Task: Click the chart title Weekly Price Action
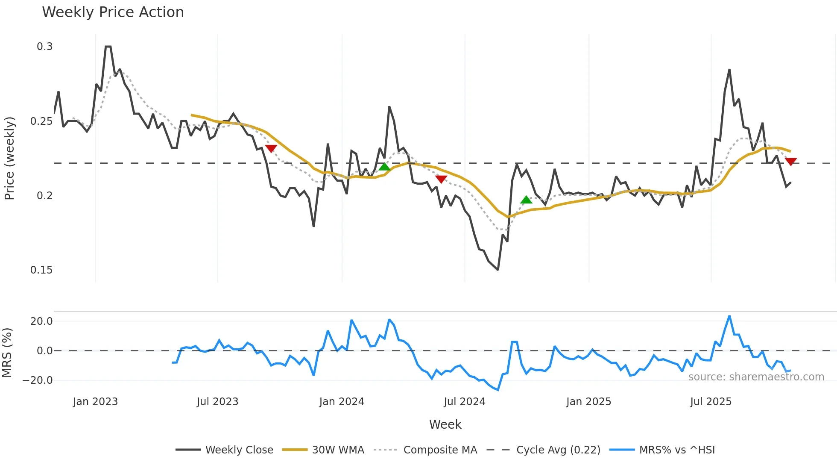pyautogui.click(x=113, y=12)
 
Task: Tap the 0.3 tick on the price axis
pyautogui.click(x=44, y=47)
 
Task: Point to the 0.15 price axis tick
pyautogui.click(x=41, y=270)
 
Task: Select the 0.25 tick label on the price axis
pyautogui.click(x=41, y=121)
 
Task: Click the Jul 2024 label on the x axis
pyautogui.click(x=464, y=402)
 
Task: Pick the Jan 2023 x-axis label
pyautogui.click(x=95, y=402)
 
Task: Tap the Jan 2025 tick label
pyautogui.click(x=588, y=402)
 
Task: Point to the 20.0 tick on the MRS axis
pyautogui.click(x=41, y=321)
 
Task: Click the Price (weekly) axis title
pyautogui.click(x=9, y=158)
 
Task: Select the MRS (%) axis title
pyautogui.click(x=7, y=353)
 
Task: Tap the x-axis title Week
pyautogui.click(x=445, y=424)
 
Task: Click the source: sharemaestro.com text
pyautogui.click(x=756, y=377)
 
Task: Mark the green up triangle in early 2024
pyautogui.click(x=384, y=167)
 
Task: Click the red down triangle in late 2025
pyautogui.click(x=791, y=162)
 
